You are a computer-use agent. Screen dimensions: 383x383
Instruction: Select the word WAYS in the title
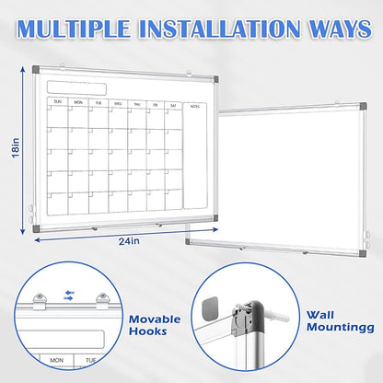[x=330, y=28]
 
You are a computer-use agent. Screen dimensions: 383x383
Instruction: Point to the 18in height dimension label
[x=14, y=145]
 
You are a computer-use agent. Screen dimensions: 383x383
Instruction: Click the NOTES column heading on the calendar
[x=194, y=104]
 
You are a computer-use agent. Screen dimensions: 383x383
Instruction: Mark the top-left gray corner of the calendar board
[x=36, y=70]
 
